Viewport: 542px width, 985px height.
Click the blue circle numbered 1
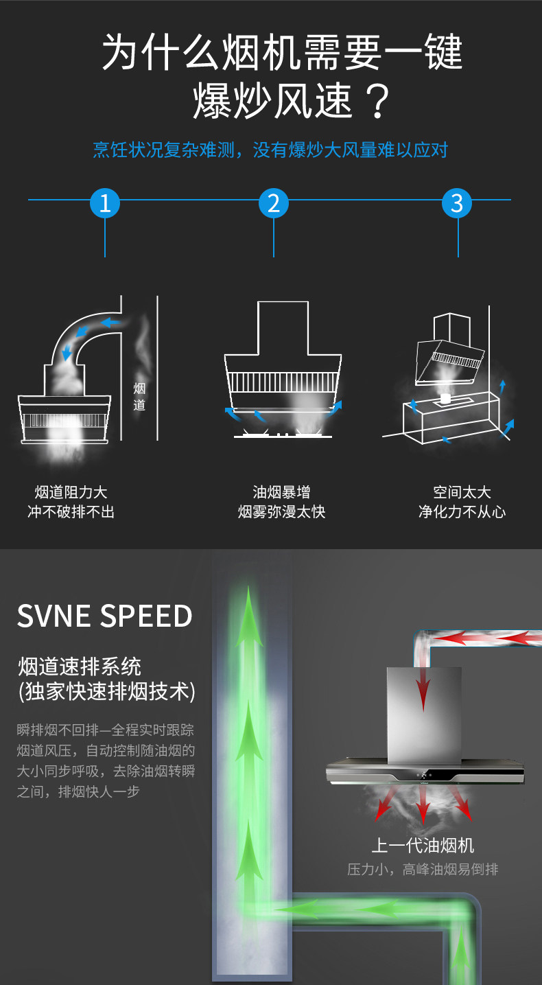[x=105, y=202]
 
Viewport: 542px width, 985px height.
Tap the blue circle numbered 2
[x=274, y=202]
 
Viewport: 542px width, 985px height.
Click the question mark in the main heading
[x=374, y=101]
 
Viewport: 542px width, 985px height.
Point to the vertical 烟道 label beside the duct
[x=139, y=397]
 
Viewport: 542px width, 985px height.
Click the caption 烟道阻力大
[x=71, y=492]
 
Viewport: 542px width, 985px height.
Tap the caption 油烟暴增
[x=281, y=492]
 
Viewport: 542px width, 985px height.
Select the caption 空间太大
[x=462, y=492]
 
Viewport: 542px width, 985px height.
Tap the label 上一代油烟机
[x=423, y=845]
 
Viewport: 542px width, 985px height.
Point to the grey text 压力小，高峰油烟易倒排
[x=423, y=869]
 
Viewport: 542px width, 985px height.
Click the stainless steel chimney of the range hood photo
[x=424, y=714]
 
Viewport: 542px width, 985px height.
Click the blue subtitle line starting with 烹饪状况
[x=270, y=150]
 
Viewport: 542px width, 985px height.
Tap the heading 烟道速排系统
[x=80, y=666]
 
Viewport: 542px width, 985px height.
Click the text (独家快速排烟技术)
[x=107, y=691]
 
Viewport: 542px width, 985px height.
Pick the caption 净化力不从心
[x=462, y=512]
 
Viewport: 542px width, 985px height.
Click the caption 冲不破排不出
[x=71, y=512]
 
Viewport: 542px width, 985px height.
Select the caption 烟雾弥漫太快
[x=281, y=512]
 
